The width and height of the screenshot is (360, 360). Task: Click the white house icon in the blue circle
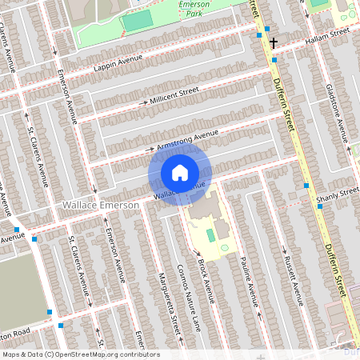pyautogui.click(x=180, y=173)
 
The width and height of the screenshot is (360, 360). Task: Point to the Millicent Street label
pyautogui.click(x=174, y=98)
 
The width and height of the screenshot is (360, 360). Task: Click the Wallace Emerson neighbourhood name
pyautogui.click(x=101, y=206)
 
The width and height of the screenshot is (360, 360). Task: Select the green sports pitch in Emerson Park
pyautogui.click(x=137, y=22)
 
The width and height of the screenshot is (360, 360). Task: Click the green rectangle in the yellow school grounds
pyautogui.click(x=210, y=235)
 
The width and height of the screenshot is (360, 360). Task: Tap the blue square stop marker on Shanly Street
pyautogui.click(x=320, y=206)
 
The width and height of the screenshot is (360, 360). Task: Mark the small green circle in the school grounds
pyautogui.click(x=224, y=247)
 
